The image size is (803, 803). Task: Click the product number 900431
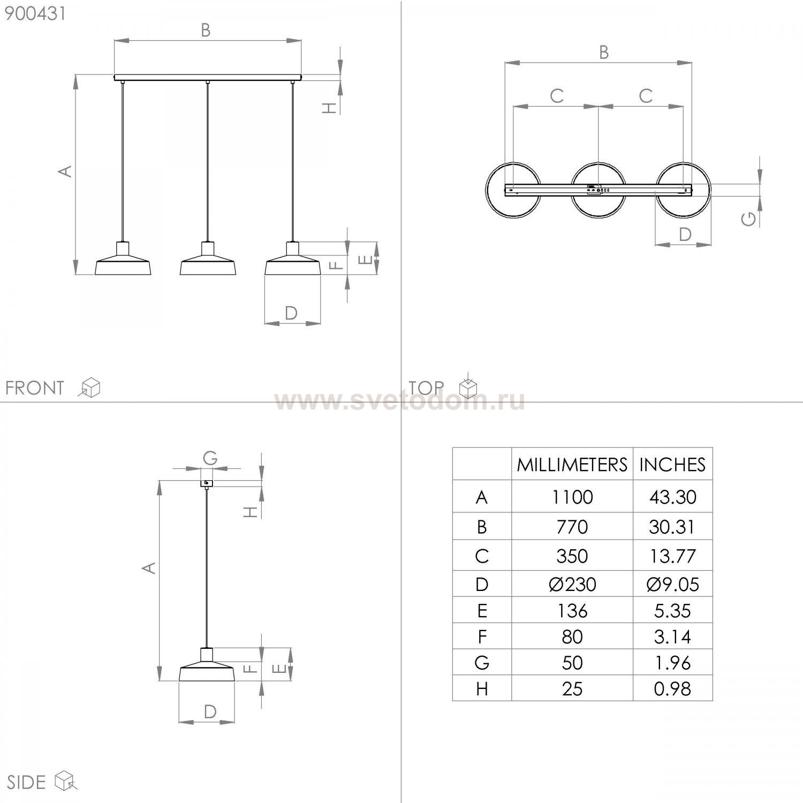coord(35,13)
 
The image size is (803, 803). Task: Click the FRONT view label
coord(35,388)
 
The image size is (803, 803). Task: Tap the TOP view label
coord(426,388)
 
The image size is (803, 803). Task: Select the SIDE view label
coord(26,782)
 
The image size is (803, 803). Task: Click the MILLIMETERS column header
coord(572,464)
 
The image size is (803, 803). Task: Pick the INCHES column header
coord(672,464)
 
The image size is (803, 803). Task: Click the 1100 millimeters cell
coord(572,497)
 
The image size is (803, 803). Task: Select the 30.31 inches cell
coord(672,527)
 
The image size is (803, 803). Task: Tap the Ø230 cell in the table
coord(572,584)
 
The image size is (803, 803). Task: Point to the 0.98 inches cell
coord(672,688)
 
